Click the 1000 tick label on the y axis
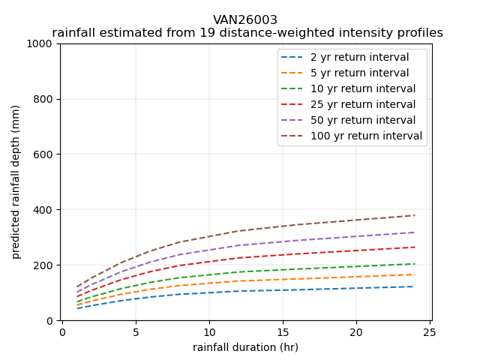[x=42, y=43]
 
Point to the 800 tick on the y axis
[x=45, y=99]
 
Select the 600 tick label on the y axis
[x=45, y=154]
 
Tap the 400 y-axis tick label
[x=45, y=210]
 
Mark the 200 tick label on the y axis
[x=45, y=265]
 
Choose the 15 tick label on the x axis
[x=283, y=332]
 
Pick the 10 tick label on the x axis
[x=209, y=332]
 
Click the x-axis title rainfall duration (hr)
[x=245, y=347]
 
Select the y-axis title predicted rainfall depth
[x=16, y=181]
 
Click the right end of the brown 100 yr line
[x=415, y=215]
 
